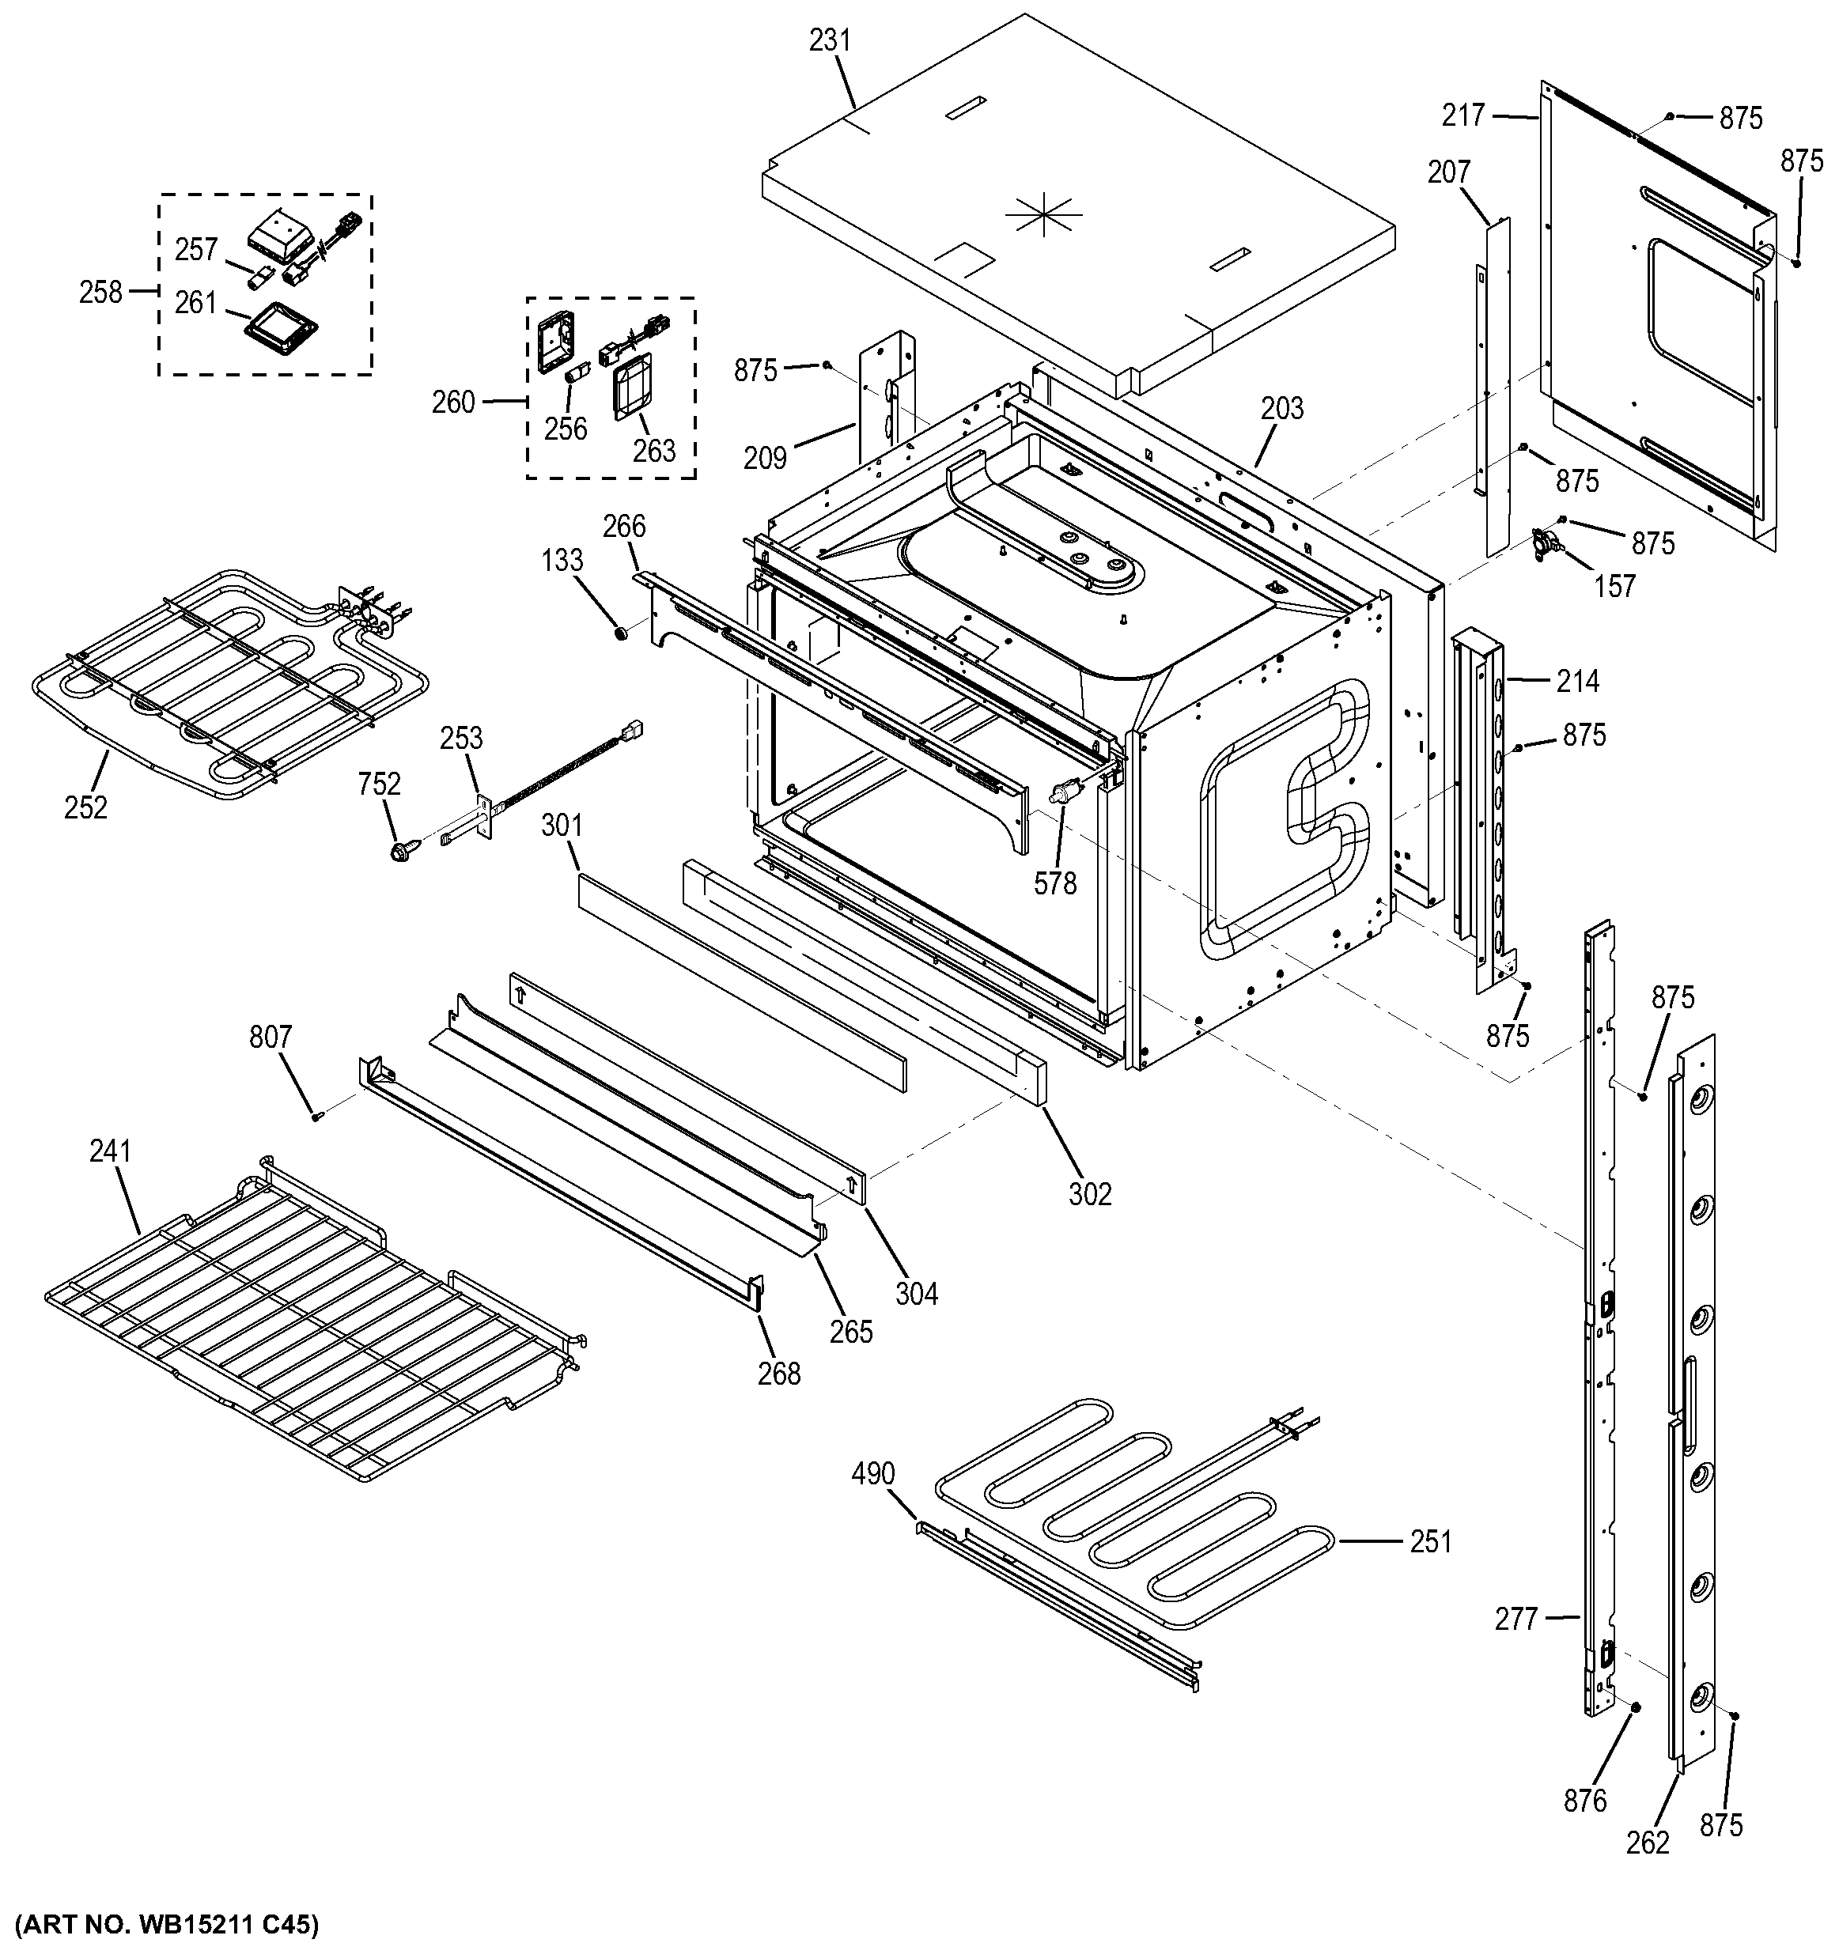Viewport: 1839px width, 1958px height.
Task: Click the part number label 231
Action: click(x=830, y=41)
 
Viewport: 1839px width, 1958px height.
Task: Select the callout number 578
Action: click(x=1055, y=883)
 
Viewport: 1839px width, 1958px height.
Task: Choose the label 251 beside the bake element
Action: click(x=1430, y=1541)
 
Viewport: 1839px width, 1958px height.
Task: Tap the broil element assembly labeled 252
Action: click(x=226, y=679)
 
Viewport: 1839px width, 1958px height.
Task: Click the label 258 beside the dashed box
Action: click(x=100, y=292)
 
